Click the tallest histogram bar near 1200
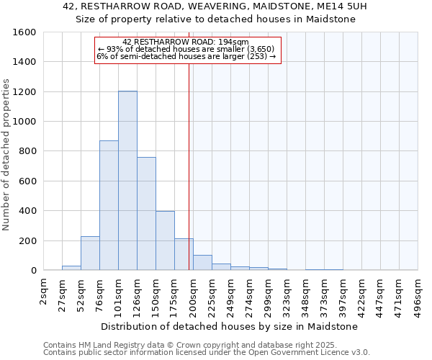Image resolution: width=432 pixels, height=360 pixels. pos(127,180)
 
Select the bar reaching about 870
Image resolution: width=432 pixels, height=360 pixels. pos(109,205)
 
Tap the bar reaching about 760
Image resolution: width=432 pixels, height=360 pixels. pos(146,213)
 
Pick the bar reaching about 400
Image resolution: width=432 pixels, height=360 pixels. pos(165,240)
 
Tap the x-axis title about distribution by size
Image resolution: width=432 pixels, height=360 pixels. pos(230,326)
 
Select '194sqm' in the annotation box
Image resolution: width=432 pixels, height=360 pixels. pos(234,42)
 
